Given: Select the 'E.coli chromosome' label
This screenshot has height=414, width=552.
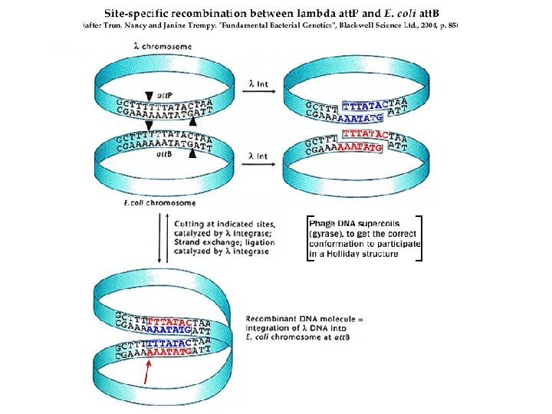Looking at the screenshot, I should coord(159,202).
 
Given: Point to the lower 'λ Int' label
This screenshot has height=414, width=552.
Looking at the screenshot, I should coord(257,156).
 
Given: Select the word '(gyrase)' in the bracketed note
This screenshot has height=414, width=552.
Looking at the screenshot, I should coord(325,233).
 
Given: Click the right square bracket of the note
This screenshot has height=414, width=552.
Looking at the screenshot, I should coord(420,238).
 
